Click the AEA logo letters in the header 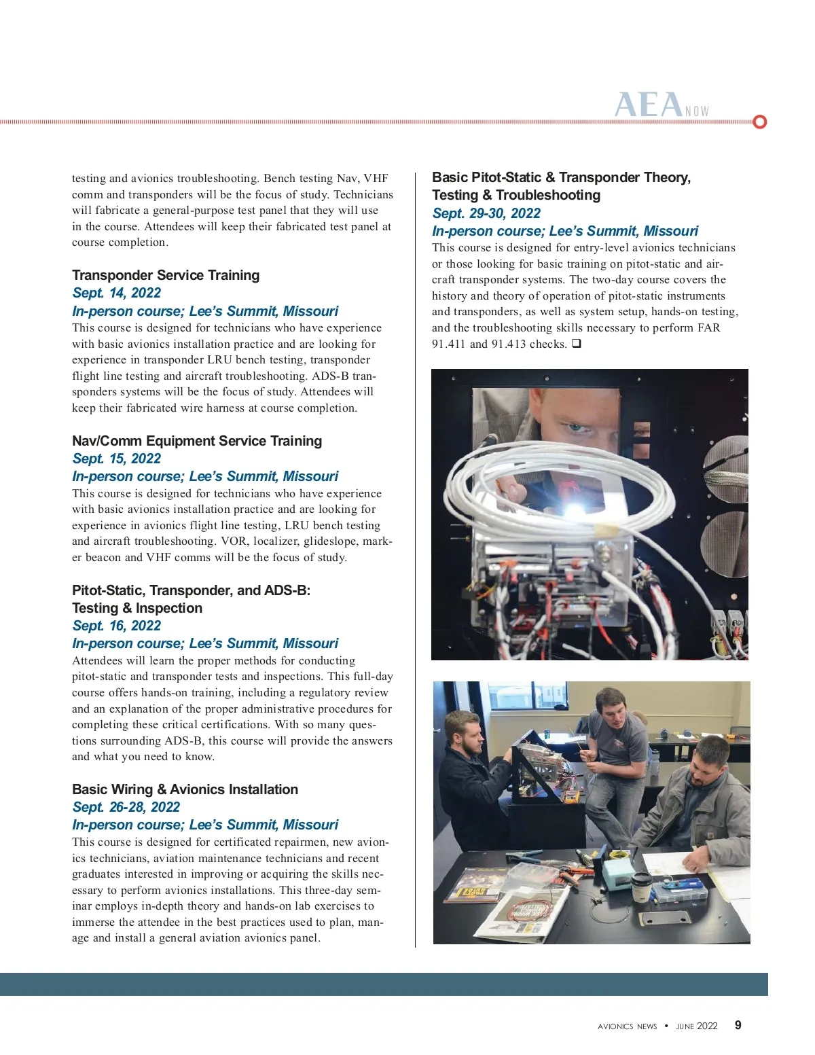649,105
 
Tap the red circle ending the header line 760,122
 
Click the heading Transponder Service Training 166,275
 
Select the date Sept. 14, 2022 117,293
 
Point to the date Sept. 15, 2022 117,459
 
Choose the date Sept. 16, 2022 117,626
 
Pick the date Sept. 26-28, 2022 126,807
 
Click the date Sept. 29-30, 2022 486,213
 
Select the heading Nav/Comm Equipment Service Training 197,441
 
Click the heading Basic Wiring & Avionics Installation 185,789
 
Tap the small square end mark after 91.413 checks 576,344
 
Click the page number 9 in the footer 738,1026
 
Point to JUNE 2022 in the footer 697,1026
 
